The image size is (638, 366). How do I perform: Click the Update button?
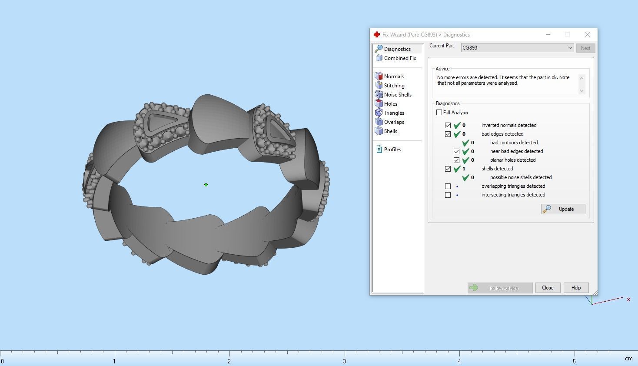tap(563, 209)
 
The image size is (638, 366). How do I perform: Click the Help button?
tap(575, 288)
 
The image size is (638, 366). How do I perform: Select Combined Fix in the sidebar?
tap(399, 58)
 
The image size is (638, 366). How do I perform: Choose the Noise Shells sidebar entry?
tap(397, 95)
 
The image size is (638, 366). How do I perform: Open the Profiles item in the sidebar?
tap(392, 150)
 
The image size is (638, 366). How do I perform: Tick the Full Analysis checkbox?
tap(439, 113)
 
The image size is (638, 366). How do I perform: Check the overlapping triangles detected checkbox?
tap(448, 186)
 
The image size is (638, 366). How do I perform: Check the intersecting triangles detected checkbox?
tap(448, 195)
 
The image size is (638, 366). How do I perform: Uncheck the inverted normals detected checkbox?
tap(448, 125)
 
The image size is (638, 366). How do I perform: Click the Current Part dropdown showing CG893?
tap(517, 48)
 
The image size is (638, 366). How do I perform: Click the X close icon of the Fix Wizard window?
tap(587, 34)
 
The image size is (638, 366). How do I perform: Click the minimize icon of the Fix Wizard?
tap(548, 34)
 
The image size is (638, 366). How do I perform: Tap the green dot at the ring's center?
tap(206, 185)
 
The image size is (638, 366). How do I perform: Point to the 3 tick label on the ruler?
tap(345, 361)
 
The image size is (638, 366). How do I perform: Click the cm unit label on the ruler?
tap(628, 359)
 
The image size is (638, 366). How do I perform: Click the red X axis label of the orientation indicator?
tap(628, 299)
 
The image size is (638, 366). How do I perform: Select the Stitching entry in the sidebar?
tap(394, 86)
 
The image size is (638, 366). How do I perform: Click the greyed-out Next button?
tap(585, 48)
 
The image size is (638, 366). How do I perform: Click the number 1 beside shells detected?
tap(464, 169)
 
